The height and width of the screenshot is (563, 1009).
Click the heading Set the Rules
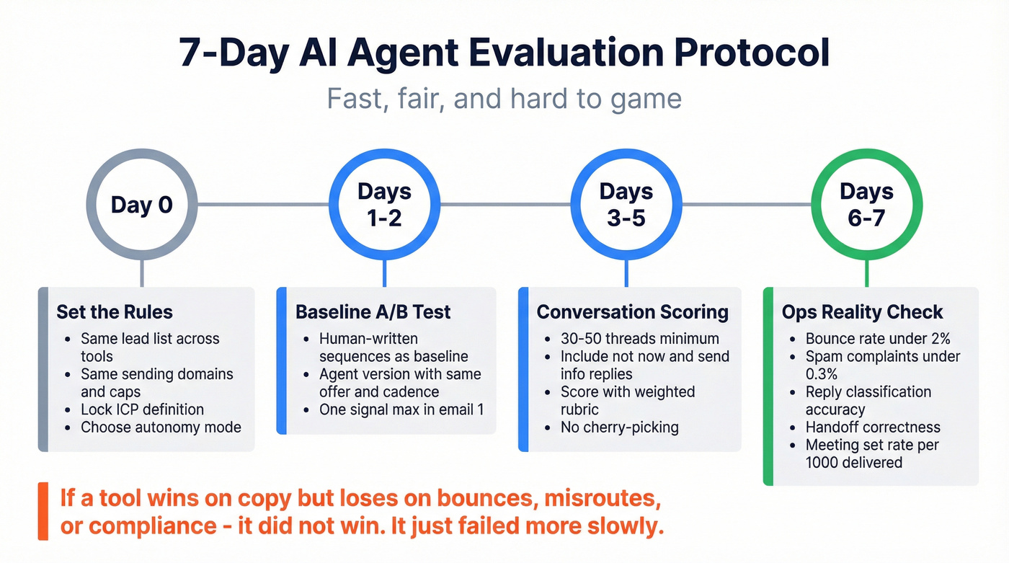tap(115, 312)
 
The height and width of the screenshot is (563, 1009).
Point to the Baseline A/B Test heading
tap(373, 312)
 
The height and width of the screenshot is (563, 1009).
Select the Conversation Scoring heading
tap(632, 312)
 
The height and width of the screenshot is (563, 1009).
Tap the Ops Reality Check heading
tap(862, 312)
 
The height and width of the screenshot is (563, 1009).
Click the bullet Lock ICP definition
tap(142, 409)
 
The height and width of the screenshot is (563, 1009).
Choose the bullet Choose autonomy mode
tap(161, 427)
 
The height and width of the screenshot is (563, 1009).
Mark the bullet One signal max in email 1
tap(401, 409)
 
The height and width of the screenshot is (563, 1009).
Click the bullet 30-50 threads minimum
tap(640, 338)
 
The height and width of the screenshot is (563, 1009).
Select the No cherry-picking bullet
tap(619, 427)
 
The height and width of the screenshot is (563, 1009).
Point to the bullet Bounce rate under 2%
tap(878, 338)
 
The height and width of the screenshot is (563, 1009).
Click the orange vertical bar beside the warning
tap(43, 511)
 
